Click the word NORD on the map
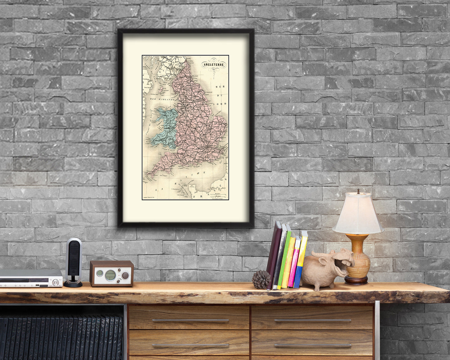[223, 104]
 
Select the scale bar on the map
[218, 195]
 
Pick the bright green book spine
[284, 258]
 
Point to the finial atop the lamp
[358, 191]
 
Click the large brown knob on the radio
[125, 275]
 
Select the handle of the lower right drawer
[312, 345]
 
